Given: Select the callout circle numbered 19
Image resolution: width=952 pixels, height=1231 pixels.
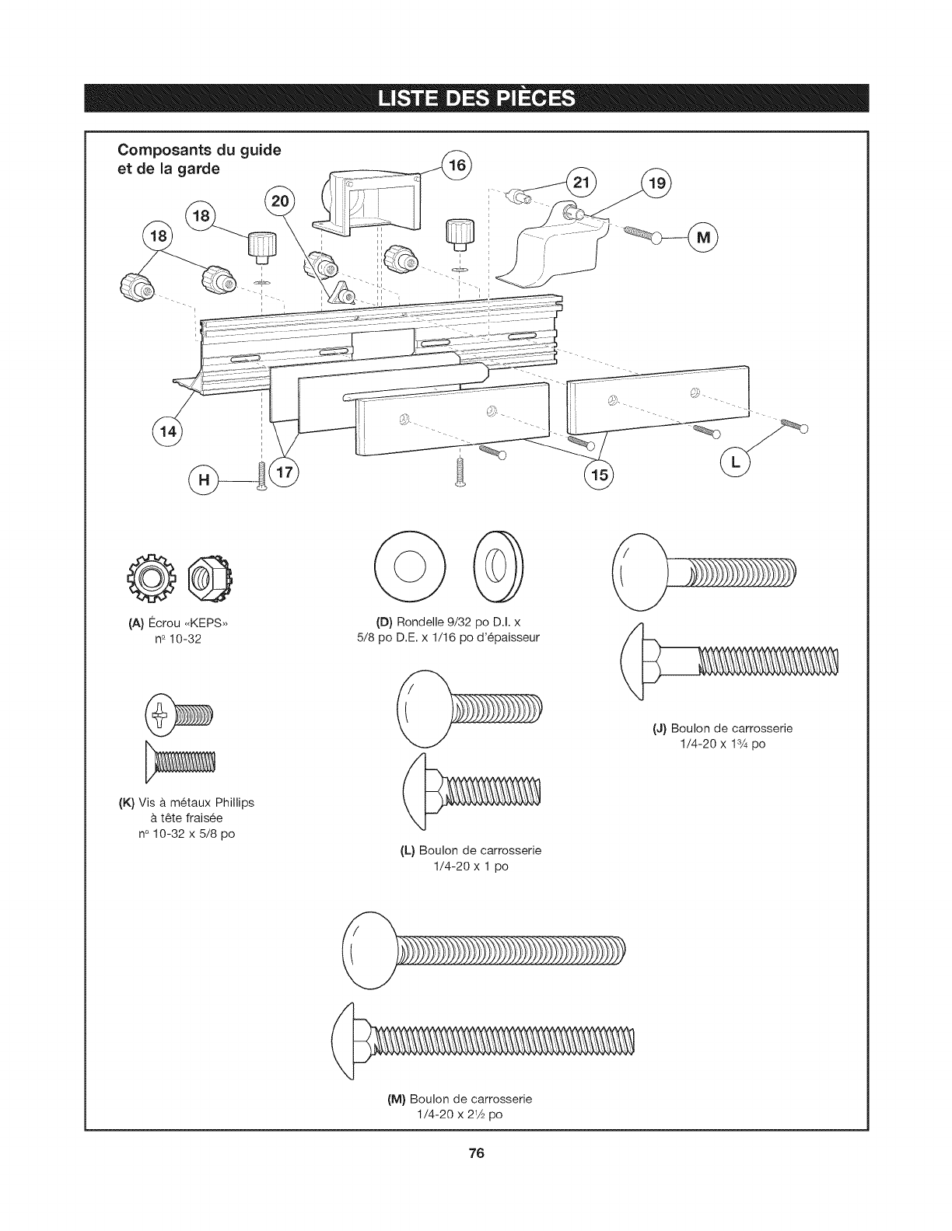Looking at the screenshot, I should [x=657, y=183].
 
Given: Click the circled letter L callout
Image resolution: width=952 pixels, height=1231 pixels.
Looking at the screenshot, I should [x=735, y=464].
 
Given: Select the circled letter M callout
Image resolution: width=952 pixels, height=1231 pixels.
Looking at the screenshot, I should [x=703, y=236].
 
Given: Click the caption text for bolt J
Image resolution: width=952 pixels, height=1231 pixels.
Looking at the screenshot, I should [x=723, y=728].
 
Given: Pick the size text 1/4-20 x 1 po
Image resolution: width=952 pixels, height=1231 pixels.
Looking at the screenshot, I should [x=471, y=865].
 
